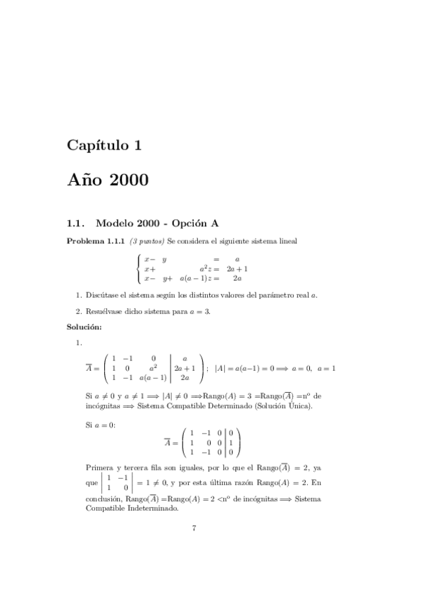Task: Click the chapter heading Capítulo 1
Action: pyautogui.click(x=104, y=146)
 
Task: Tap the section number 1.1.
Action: pyautogui.click(x=75, y=224)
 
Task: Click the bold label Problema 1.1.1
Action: pyautogui.click(x=95, y=241)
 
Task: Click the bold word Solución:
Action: pyautogui.click(x=85, y=327)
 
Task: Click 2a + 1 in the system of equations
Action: pyautogui.click(x=237, y=269)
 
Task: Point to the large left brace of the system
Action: pyautogui.click(x=138, y=269)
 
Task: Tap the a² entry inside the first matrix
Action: pyautogui.click(x=153, y=367)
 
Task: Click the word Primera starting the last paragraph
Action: pyautogui.click(x=99, y=468)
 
